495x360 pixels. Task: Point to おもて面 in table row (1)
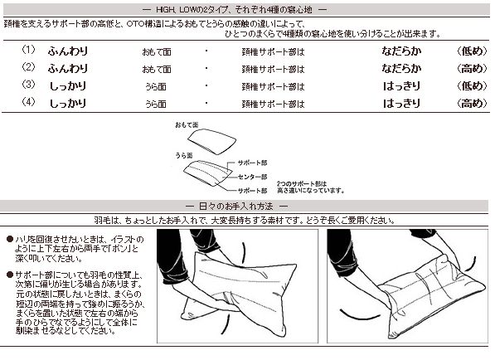pos(156,51)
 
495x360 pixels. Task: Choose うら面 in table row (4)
pos(156,104)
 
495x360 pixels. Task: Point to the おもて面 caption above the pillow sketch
pos(187,124)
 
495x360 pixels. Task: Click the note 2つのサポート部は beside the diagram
pos(299,181)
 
